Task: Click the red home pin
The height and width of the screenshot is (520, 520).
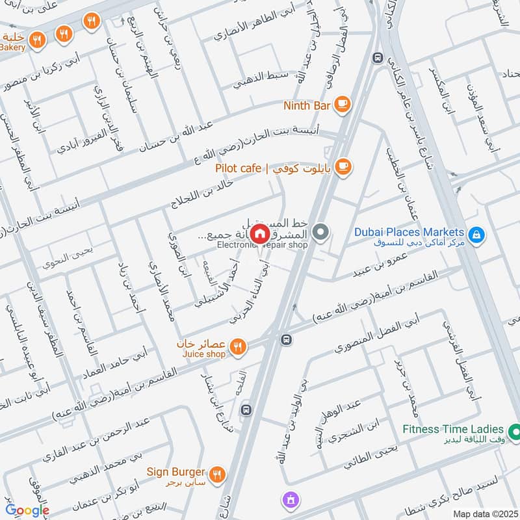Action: (259, 233)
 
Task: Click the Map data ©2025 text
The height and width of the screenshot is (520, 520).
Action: (485, 514)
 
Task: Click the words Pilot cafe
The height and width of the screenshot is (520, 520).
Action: (239, 169)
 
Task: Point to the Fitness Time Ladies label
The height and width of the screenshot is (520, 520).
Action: (453, 429)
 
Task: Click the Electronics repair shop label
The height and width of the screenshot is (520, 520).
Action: (261, 245)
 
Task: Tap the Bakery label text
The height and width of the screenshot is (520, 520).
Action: (13, 47)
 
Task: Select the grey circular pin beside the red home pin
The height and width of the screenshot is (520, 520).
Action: (320, 231)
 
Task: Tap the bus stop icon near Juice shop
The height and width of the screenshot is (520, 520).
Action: (285, 339)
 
